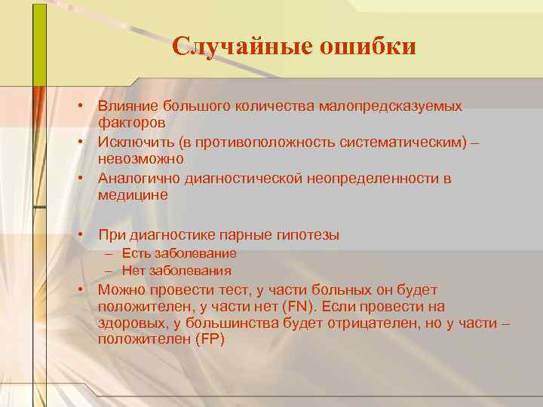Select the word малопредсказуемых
pos(400,107)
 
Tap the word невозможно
pos(140,159)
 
